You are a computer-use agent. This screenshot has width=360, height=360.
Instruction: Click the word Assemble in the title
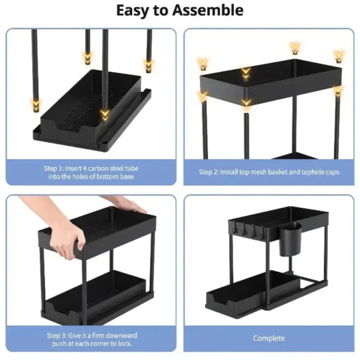[208, 11]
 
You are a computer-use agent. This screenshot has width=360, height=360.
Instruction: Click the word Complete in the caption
[269, 338]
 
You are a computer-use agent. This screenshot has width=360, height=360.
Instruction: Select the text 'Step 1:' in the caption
[53, 169]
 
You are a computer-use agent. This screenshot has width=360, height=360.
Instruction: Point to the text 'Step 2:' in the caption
[209, 172]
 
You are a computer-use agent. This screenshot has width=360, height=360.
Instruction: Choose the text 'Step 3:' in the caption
[56, 336]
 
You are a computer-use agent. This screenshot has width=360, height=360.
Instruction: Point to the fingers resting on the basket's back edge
[131, 204]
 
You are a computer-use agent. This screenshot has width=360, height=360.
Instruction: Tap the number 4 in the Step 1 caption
[84, 169]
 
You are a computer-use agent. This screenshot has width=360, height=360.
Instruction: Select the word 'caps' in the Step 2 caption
[333, 172]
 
